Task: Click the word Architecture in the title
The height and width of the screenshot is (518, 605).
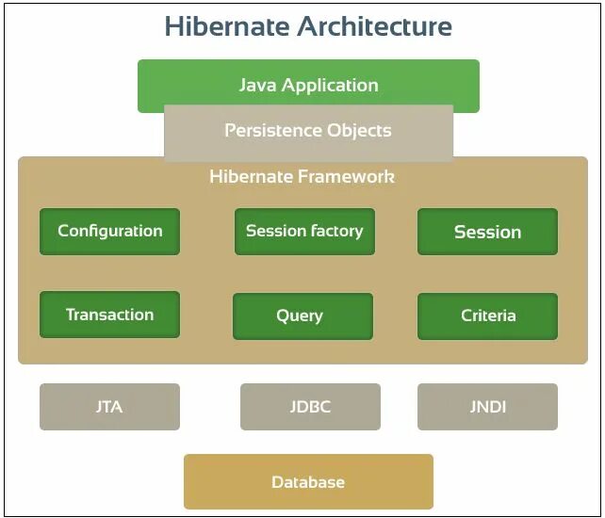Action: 375,26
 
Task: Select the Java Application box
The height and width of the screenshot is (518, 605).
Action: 308,85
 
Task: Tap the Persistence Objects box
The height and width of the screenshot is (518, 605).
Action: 308,131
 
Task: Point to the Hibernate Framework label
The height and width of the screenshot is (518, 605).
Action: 302,176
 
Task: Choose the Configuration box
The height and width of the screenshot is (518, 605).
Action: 109,231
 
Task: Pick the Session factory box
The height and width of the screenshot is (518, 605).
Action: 304,231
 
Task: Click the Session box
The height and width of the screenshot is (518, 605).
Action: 487,232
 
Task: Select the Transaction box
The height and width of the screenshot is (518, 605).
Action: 109,315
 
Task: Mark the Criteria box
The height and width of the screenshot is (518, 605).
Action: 487,316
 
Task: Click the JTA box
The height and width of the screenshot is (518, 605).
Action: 109,407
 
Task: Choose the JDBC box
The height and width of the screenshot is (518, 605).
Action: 310,407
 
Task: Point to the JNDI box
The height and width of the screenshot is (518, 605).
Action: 487,407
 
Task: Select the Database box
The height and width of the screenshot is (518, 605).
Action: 308,482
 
